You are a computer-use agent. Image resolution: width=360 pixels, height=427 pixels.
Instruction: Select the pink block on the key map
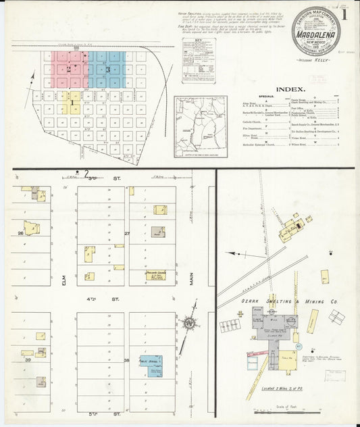(69, 69)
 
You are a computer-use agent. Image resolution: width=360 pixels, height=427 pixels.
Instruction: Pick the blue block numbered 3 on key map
(107, 70)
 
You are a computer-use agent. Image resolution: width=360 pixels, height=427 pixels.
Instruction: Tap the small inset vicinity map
(201, 126)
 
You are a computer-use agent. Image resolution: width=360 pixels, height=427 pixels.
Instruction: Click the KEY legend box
(199, 60)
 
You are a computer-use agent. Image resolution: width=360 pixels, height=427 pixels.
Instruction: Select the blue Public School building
(151, 365)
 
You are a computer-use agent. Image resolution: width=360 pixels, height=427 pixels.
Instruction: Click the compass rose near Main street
(190, 323)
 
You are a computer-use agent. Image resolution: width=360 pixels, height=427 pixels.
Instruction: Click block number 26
(22, 233)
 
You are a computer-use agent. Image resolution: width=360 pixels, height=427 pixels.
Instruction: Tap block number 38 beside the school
(126, 361)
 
